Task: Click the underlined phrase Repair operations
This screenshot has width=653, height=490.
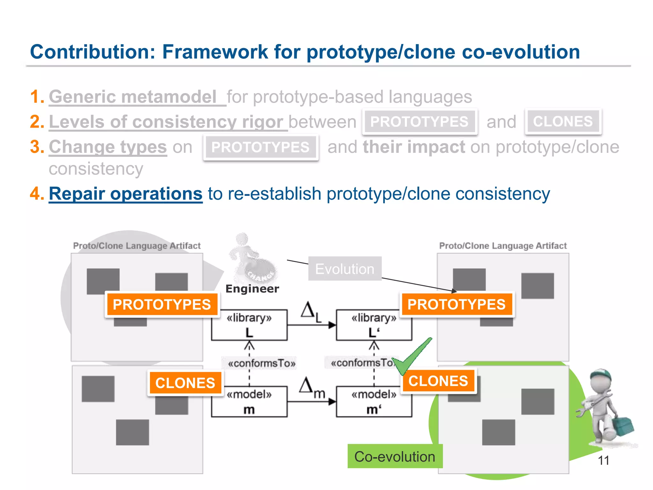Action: [x=126, y=194]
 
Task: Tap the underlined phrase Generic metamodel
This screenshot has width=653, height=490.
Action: [x=133, y=97]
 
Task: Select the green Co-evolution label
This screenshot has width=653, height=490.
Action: [x=395, y=457]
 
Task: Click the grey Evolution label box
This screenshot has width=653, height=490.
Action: [x=345, y=269]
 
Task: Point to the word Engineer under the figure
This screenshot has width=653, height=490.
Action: [x=252, y=289]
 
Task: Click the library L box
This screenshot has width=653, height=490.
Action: [x=249, y=325]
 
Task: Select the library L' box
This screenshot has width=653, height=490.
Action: [x=374, y=325]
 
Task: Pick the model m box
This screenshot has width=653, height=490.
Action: [x=249, y=402]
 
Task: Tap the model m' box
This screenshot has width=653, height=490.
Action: [x=374, y=402]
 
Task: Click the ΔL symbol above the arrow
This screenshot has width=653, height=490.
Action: [x=311, y=311]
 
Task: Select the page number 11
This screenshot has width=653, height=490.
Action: [x=603, y=460]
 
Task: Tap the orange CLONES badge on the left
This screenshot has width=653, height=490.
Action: [x=185, y=383]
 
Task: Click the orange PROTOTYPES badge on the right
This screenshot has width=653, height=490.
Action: [x=456, y=304]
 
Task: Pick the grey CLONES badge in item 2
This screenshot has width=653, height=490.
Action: [x=563, y=122]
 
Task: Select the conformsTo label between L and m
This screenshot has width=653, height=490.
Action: [x=261, y=363]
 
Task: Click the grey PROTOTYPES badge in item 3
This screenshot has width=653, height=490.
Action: [x=260, y=147]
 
